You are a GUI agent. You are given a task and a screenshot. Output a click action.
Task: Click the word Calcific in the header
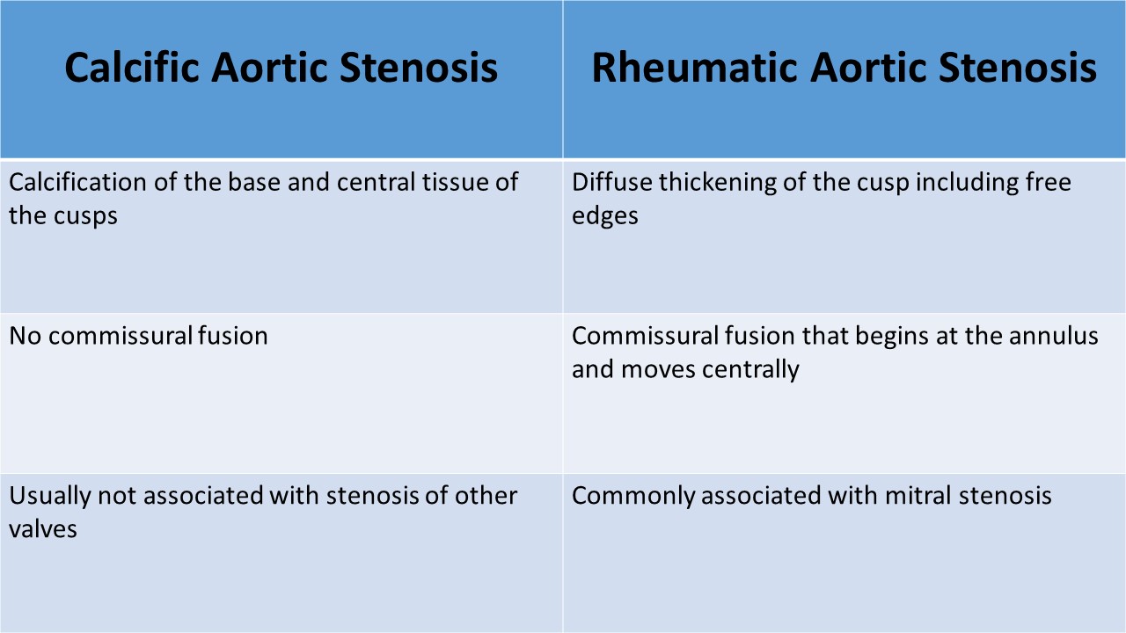(132, 67)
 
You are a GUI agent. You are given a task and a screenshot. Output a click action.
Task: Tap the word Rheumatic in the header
(694, 67)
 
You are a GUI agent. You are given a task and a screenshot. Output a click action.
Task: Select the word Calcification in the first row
(78, 181)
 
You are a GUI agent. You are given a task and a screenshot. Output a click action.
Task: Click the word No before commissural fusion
(26, 336)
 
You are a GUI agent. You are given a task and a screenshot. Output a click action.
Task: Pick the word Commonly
(632, 497)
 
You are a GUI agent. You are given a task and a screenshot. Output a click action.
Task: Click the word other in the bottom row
(486, 495)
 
